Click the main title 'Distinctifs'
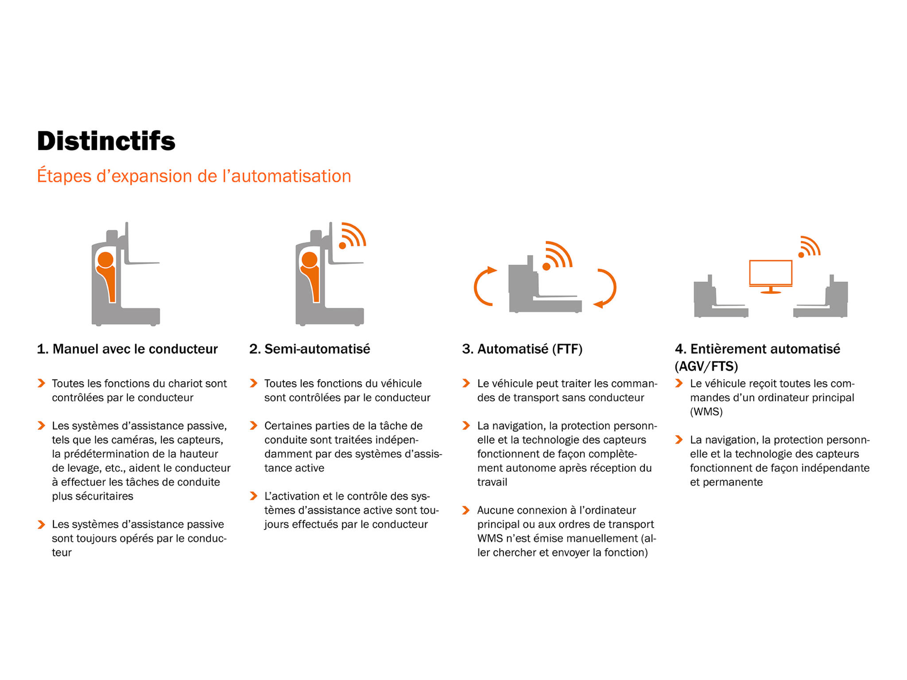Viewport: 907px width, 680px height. pos(106,141)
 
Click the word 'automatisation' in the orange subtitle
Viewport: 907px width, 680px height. pos(291,176)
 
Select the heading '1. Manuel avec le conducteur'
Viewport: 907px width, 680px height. pos(128,349)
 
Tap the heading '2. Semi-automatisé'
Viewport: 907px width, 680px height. pos(310,349)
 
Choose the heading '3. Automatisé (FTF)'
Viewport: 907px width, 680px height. pos(522,349)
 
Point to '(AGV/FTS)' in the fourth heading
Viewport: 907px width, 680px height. pos(706,367)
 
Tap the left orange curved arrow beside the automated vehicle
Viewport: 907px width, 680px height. pos(484,286)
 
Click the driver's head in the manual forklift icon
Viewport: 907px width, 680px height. pos(106,260)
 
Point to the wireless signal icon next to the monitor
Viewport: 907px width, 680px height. pos(809,247)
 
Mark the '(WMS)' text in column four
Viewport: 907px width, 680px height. pos(706,412)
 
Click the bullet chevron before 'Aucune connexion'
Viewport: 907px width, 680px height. pos(466,510)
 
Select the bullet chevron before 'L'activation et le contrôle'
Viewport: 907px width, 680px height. pos(253,496)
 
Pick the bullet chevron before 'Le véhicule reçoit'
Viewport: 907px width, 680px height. pos(678,383)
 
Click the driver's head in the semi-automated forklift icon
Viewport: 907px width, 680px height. pos(310,260)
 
